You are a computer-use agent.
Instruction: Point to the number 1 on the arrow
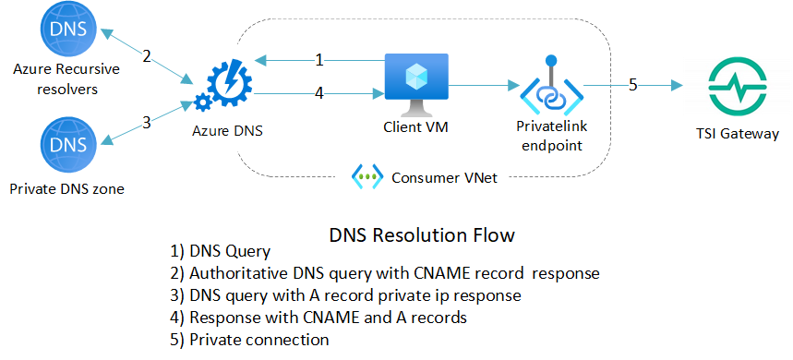pyautogui.click(x=319, y=61)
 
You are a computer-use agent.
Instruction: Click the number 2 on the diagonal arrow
pyautogui.click(x=146, y=56)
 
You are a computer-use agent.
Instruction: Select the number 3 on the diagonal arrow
pyautogui.click(x=146, y=120)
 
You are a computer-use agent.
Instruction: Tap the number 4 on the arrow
pyautogui.click(x=319, y=93)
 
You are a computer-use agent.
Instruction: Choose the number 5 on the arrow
pyautogui.click(x=633, y=85)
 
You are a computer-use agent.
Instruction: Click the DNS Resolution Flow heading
pyautogui.click(x=422, y=235)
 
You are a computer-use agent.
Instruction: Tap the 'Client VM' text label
pyautogui.click(x=415, y=130)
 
